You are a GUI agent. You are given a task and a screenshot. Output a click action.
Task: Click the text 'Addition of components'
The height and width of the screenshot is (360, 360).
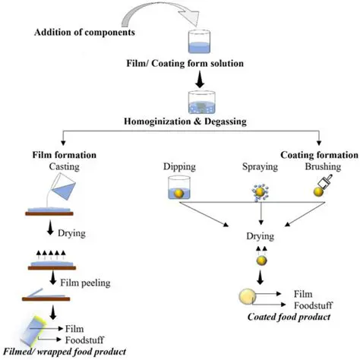86,33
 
